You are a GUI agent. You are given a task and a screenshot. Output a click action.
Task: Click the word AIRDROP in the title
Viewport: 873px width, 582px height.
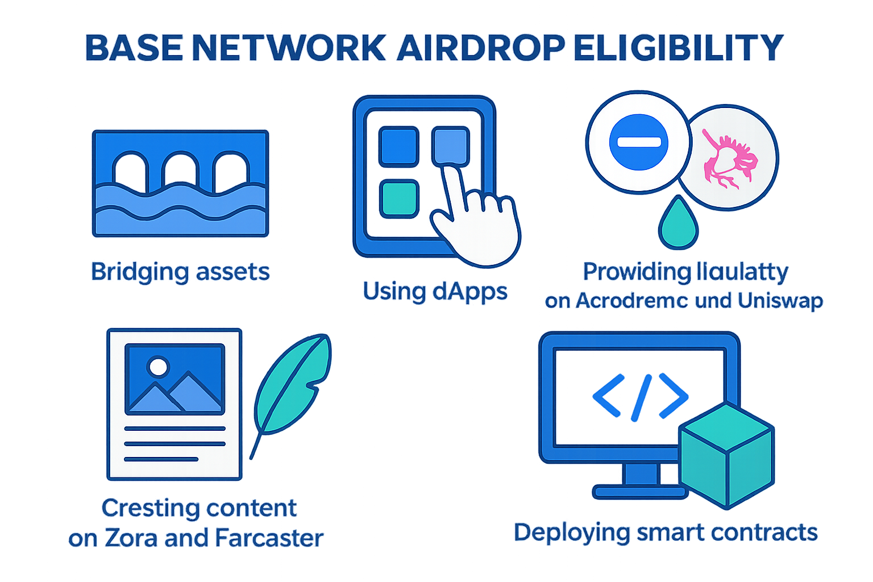pos(481,48)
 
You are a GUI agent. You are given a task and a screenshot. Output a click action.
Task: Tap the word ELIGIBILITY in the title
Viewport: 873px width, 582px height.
pos(679,48)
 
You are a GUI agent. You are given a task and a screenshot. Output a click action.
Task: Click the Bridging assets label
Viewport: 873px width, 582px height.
pos(180,272)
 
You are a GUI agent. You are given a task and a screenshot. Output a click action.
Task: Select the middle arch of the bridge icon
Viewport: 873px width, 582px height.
pos(180,171)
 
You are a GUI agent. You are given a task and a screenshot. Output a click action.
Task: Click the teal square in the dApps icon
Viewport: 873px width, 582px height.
pos(400,198)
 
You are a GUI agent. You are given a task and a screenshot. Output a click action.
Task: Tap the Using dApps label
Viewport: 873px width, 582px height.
pos(435,292)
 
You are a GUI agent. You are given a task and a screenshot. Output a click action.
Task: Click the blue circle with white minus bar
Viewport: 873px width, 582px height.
pos(638,142)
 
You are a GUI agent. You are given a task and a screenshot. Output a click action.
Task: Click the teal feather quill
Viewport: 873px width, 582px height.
pos(293,386)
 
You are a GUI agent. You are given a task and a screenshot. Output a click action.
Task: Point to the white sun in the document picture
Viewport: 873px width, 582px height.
pos(157,367)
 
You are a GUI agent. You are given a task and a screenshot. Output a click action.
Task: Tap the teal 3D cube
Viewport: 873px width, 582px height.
pos(727,455)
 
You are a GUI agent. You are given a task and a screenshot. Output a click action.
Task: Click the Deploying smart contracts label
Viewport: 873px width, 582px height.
pos(666,533)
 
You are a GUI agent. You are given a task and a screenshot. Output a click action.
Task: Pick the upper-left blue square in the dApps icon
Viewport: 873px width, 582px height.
pos(400,146)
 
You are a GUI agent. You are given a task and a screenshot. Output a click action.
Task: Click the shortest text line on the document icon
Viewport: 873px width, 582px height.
pos(161,459)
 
